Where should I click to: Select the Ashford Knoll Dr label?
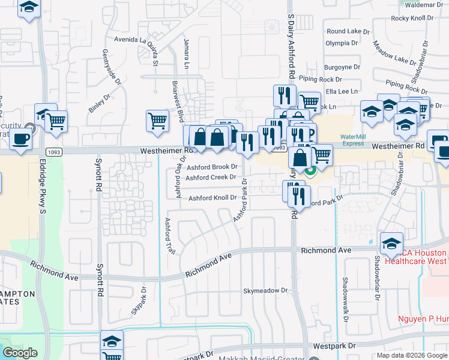coord(213,198)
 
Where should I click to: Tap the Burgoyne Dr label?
coord(342,67)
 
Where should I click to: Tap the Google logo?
coord(20,353)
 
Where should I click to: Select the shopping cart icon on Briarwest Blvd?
coord(157,121)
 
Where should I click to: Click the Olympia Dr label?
coord(342,43)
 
